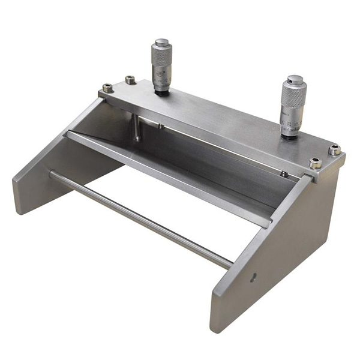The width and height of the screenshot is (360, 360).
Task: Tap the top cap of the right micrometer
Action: (x=295, y=79)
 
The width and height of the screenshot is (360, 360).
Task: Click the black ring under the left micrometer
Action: (x=161, y=92)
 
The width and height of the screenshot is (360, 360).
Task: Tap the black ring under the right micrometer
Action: (x=290, y=136)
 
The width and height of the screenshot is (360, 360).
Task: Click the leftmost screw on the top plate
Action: (x=107, y=88)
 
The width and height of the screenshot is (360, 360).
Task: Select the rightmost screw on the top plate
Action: (x=334, y=149)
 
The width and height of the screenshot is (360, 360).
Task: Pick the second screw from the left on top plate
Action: (x=130, y=79)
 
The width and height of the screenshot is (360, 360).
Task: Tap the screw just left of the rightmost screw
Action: (x=314, y=163)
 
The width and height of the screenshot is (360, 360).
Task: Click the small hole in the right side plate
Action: (x=253, y=277)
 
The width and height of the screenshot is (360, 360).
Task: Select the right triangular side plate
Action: (x=270, y=264)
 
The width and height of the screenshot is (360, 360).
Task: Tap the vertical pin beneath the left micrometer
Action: (x=137, y=128)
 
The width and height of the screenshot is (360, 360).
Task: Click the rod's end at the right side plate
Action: (x=229, y=264)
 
